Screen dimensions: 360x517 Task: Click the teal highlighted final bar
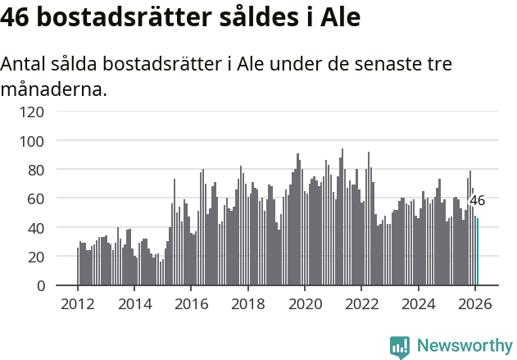478,252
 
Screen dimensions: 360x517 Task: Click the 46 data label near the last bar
477,200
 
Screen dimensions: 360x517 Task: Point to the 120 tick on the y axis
33,112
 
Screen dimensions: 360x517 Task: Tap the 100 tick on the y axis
33,141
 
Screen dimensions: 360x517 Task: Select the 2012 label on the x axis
78,303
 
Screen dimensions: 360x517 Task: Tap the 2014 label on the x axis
134,303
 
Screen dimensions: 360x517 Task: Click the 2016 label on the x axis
191,303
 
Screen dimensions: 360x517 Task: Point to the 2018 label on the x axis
247,303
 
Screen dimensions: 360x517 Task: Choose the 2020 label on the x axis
304,303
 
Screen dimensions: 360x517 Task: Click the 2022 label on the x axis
361,303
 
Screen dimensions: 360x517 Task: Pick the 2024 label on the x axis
418,303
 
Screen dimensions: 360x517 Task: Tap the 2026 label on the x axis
474,303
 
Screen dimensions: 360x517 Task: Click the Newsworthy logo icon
400,347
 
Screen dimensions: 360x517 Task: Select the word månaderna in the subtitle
53,89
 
